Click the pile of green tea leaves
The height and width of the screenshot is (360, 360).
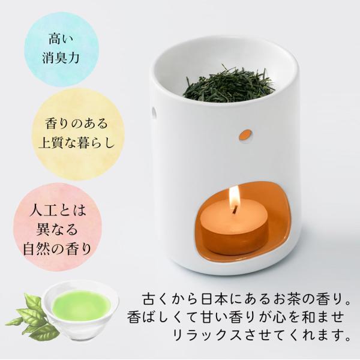(x=229, y=85)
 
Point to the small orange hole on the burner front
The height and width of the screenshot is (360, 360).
(x=246, y=134)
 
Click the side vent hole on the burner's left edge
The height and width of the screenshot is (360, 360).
(x=154, y=113)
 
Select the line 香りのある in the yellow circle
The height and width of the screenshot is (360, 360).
(x=76, y=124)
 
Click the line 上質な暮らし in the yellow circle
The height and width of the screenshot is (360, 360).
(x=76, y=142)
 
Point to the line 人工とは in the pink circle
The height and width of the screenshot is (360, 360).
(x=58, y=211)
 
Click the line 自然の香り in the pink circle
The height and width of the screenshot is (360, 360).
(x=58, y=249)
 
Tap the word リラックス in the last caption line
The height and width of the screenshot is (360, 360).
(x=206, y=335)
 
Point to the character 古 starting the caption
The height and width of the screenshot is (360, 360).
(x=150, y=299)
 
